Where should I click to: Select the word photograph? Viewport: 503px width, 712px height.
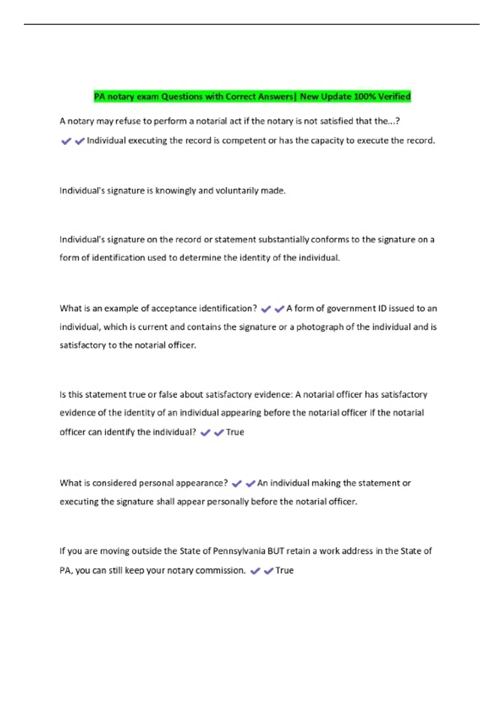coord(320,327)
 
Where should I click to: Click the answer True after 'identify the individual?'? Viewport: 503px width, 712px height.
coord(235,432)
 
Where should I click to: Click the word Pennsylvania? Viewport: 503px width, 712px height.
coord(239,551)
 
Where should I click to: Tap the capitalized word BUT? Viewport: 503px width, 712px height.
coord(276,551)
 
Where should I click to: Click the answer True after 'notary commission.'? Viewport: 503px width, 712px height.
coord(284,570)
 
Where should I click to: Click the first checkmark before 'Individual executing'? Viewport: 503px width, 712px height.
coord(66,141)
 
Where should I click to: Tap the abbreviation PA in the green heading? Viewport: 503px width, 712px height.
coord(99,97)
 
